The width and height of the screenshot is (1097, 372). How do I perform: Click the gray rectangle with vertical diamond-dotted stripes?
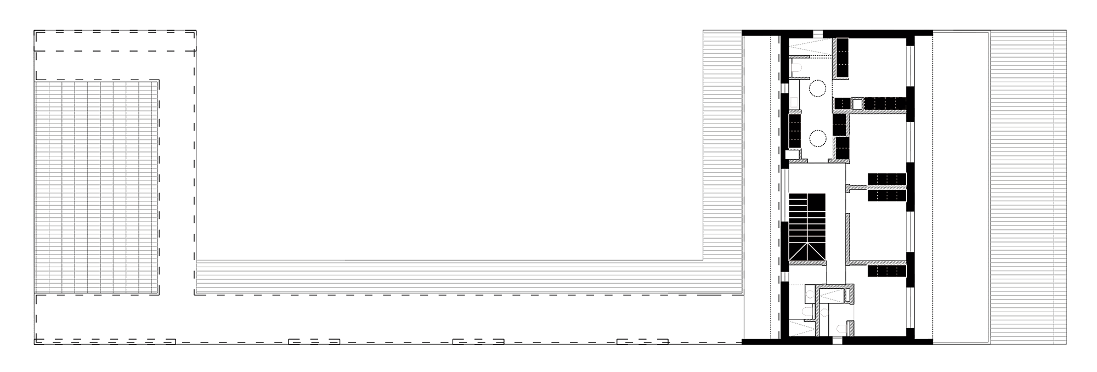tap(96, 187)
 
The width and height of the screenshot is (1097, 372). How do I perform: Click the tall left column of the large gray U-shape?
tap(303, 110)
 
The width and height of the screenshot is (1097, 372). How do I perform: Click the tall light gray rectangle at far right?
tap(1021, 187)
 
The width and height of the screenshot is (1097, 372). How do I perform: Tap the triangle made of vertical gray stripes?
tap(883, 96)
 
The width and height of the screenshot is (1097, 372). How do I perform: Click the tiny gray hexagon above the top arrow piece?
tap(817, 34)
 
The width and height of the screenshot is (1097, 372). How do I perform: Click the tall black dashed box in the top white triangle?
tap(841, 58)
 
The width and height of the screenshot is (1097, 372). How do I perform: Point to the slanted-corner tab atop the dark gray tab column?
tap(748, 43)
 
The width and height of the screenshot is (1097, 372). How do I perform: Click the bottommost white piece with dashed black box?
tap(883, 280)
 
